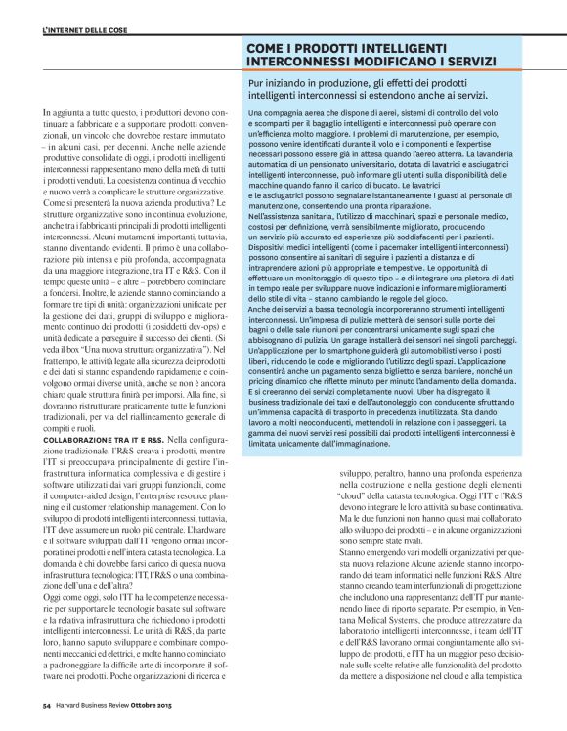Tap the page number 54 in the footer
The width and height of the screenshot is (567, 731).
(x=46, y=704)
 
